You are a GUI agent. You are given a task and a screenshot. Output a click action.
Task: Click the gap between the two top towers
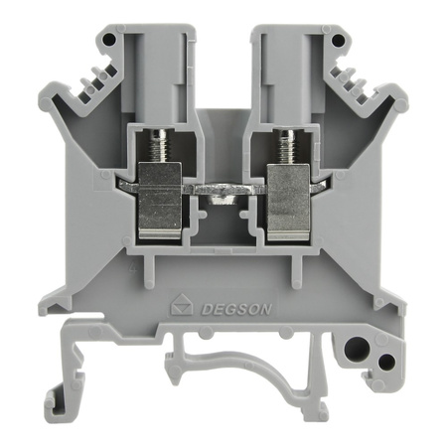point(223,60)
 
